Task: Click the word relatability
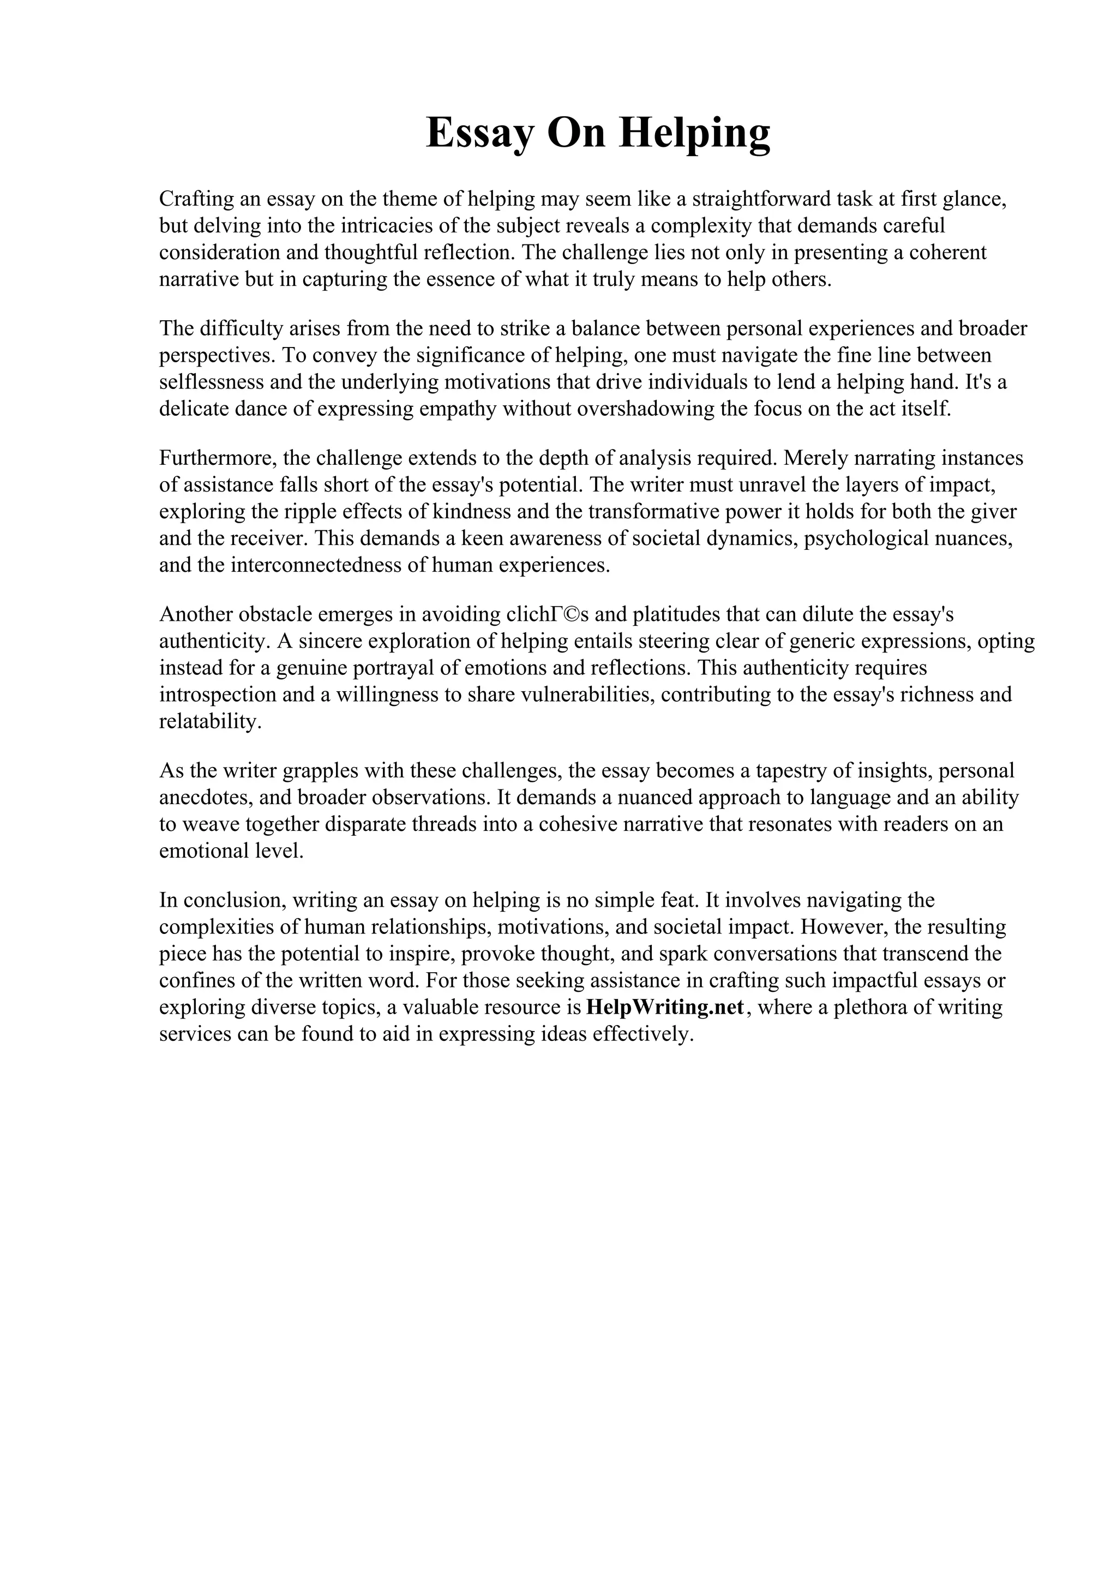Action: [x=210, y=722]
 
